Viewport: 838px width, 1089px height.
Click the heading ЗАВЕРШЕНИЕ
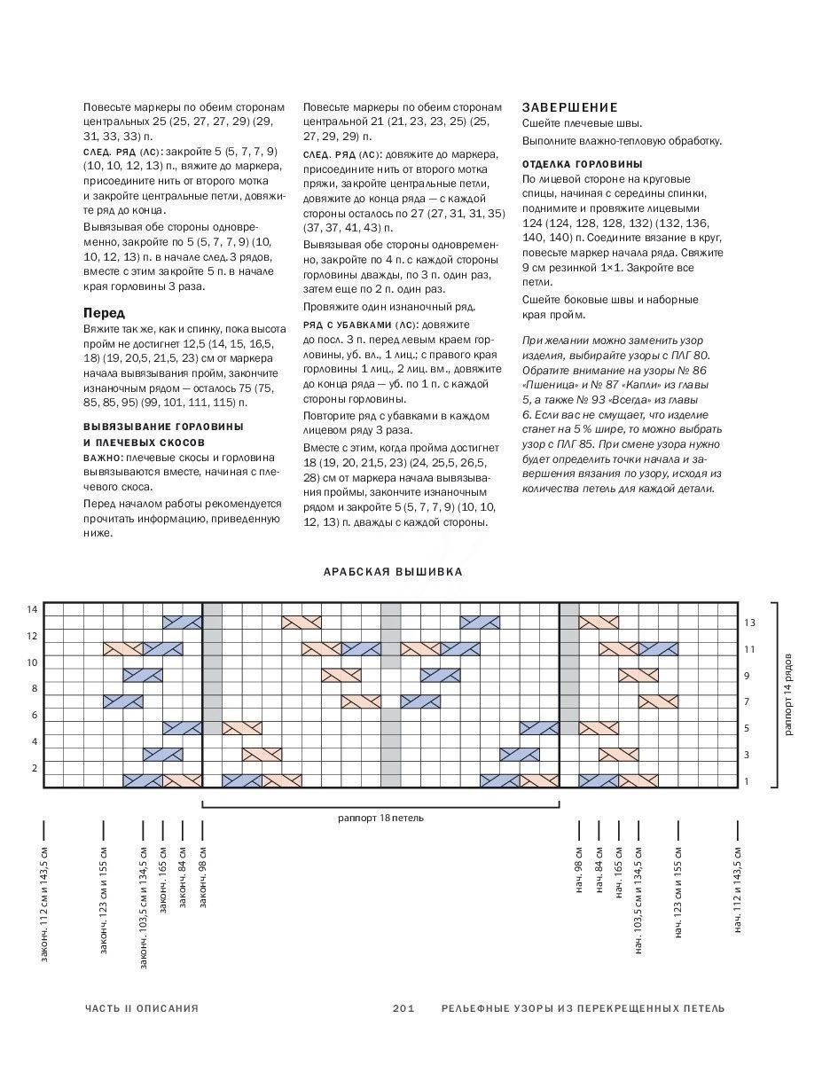pyautogui.click(x=569, y=106)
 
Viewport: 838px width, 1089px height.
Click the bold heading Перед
pyautogui.click(x=105, y=313)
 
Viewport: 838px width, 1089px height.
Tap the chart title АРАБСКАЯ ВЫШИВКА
pyautogui.click(x=393, y=572)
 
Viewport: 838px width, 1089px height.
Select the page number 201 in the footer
pyautogui.click(x=403, y=1008)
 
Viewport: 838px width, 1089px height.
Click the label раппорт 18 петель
pyautogui.click(x=380, y=818)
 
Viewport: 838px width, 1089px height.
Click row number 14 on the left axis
pyautogui.click(x=32, y=609)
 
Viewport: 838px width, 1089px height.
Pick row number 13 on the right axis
pyautogui.click(x=749, y=623)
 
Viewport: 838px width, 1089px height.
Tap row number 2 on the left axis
pyautogui.click(x=33, y=768)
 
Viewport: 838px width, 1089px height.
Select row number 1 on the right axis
pyautogui.click(x=748, y=781)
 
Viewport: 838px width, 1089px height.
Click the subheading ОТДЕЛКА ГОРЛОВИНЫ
pyautogui.click(x=582, y=165)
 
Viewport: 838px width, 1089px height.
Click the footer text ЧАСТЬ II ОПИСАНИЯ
pyautogui.click(x=142, y=1008)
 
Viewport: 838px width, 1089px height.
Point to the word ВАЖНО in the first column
pyautogui.click(x=102, y=457)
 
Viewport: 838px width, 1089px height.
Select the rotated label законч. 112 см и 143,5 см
pyautogui.click(x=43, y=904)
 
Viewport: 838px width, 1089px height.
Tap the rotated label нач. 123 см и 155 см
pyautogui.click(x=678, y=891)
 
